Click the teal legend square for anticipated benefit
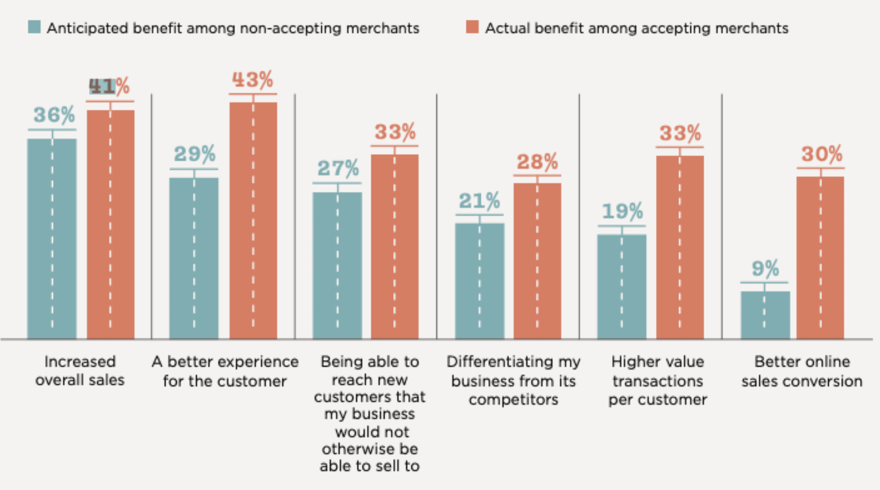(34, 27)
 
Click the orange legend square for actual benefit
(472, 27)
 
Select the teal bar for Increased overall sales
(52, 239)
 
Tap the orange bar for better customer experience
(253, 220)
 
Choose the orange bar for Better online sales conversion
(820, 257)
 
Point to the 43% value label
(253, 80)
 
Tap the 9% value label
(765, 269)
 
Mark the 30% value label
(821, 154)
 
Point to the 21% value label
(479, 201)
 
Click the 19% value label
(622, 212)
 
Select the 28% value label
(537, 162)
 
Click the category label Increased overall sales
(80, 371)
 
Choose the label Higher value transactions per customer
(658, 380)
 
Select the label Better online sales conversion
(802, 371)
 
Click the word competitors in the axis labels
(513, 400)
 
